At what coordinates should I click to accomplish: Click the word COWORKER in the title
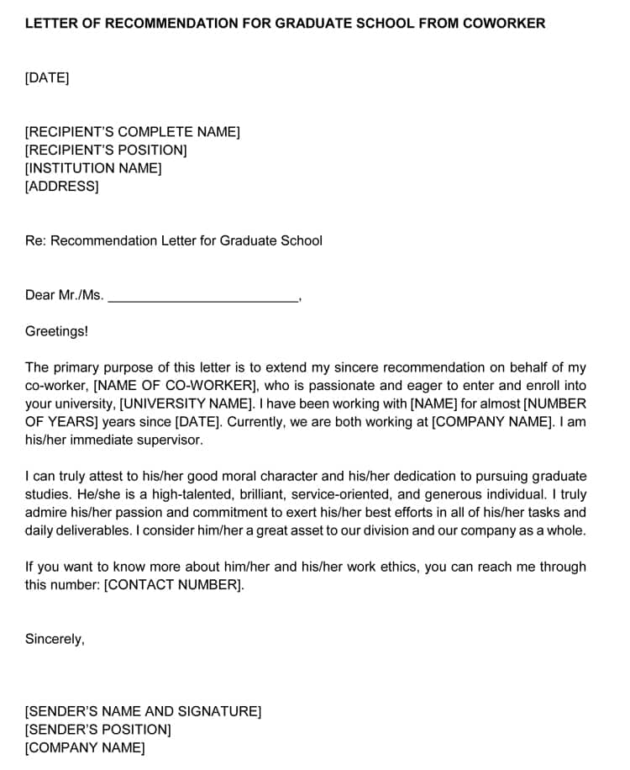[505, 24]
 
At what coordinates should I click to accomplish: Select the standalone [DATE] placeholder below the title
[47, 78]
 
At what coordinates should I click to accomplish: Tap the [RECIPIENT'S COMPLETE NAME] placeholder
[133, 132]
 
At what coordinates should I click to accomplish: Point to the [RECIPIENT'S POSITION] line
[106, 150]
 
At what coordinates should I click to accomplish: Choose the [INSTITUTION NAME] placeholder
[93, 168]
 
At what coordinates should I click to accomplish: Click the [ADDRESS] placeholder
[61, 187]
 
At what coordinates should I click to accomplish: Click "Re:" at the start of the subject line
[35, 241]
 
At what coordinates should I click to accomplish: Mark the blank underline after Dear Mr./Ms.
[203, 296]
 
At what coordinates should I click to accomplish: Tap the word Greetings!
[56, 331]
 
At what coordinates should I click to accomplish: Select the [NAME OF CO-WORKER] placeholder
[175, 386]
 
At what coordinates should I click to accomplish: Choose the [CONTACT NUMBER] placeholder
[173, 585]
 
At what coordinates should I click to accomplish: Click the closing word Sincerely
[54, 640]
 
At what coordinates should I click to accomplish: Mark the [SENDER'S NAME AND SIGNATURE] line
[143, 712]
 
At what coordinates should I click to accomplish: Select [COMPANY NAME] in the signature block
[85, 748]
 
